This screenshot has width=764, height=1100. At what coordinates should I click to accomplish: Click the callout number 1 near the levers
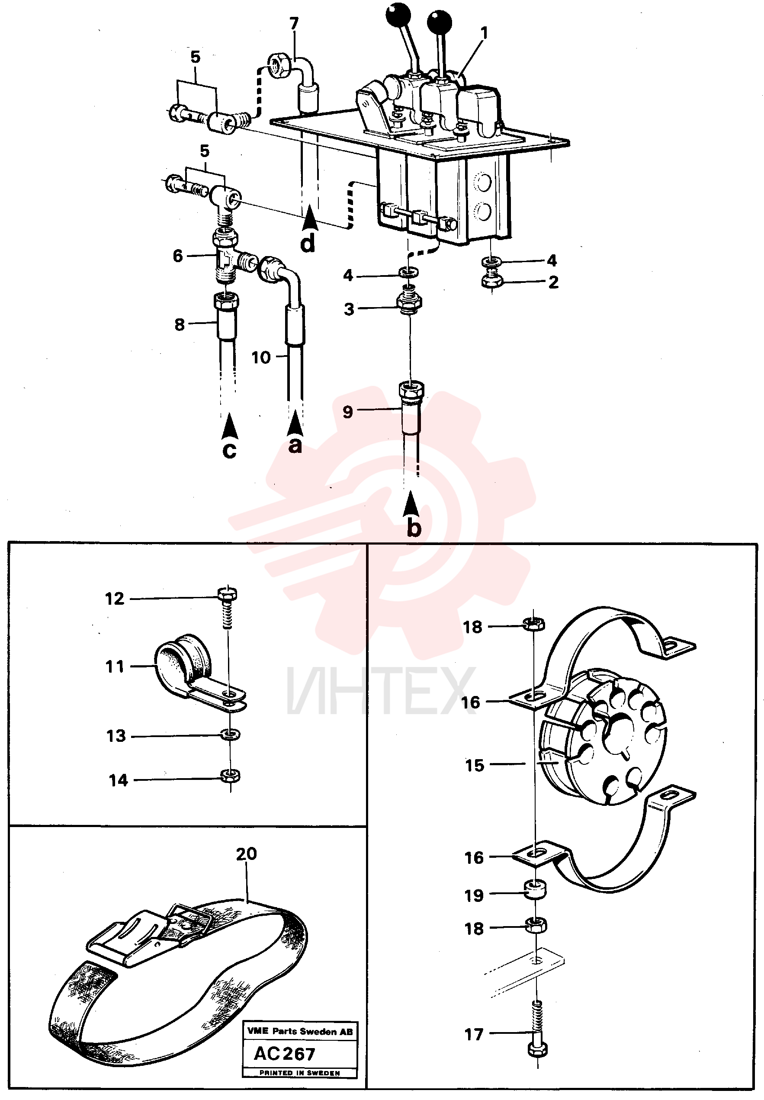[x=485, y=33]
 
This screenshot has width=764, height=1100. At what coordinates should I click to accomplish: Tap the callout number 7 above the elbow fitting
[x=294, y=23]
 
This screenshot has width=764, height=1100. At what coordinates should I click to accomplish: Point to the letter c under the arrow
[x=229, y=450]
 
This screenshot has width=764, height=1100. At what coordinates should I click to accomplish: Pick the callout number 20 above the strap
[x=247, y=853]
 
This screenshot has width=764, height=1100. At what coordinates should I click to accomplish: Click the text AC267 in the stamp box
[x=284, y=1054]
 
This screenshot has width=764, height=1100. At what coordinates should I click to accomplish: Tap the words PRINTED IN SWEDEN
[x=300, y=1073]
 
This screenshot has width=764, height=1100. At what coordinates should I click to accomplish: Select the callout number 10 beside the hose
[x=261, y=357]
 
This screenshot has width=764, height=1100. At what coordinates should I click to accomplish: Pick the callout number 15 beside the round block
[x=475, y=765]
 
